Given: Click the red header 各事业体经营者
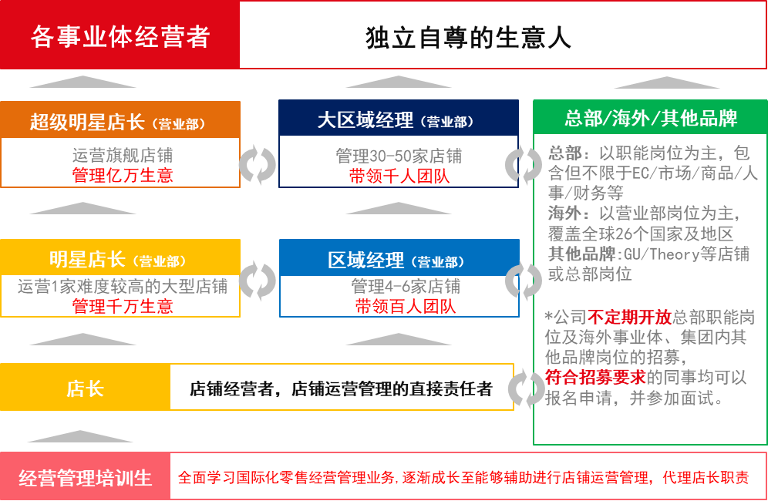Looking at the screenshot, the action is point(120,37).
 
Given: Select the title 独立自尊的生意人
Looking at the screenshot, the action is point(468,38).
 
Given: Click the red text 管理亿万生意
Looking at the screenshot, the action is point(123,175).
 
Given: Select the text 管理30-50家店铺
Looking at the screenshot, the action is point(399,156).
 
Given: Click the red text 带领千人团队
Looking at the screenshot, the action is point(399,176).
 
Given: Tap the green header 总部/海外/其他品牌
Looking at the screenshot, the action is point(651,118).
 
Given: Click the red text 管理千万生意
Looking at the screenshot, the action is point(123,306).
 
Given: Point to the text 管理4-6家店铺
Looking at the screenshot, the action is point(406,286).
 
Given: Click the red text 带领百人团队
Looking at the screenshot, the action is point(406,306).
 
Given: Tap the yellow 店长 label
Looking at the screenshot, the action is point(86,388).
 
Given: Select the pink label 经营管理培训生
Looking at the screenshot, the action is point(86,477).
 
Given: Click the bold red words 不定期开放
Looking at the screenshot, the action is point(629,317).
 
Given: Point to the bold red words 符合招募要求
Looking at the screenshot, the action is point(595,377).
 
